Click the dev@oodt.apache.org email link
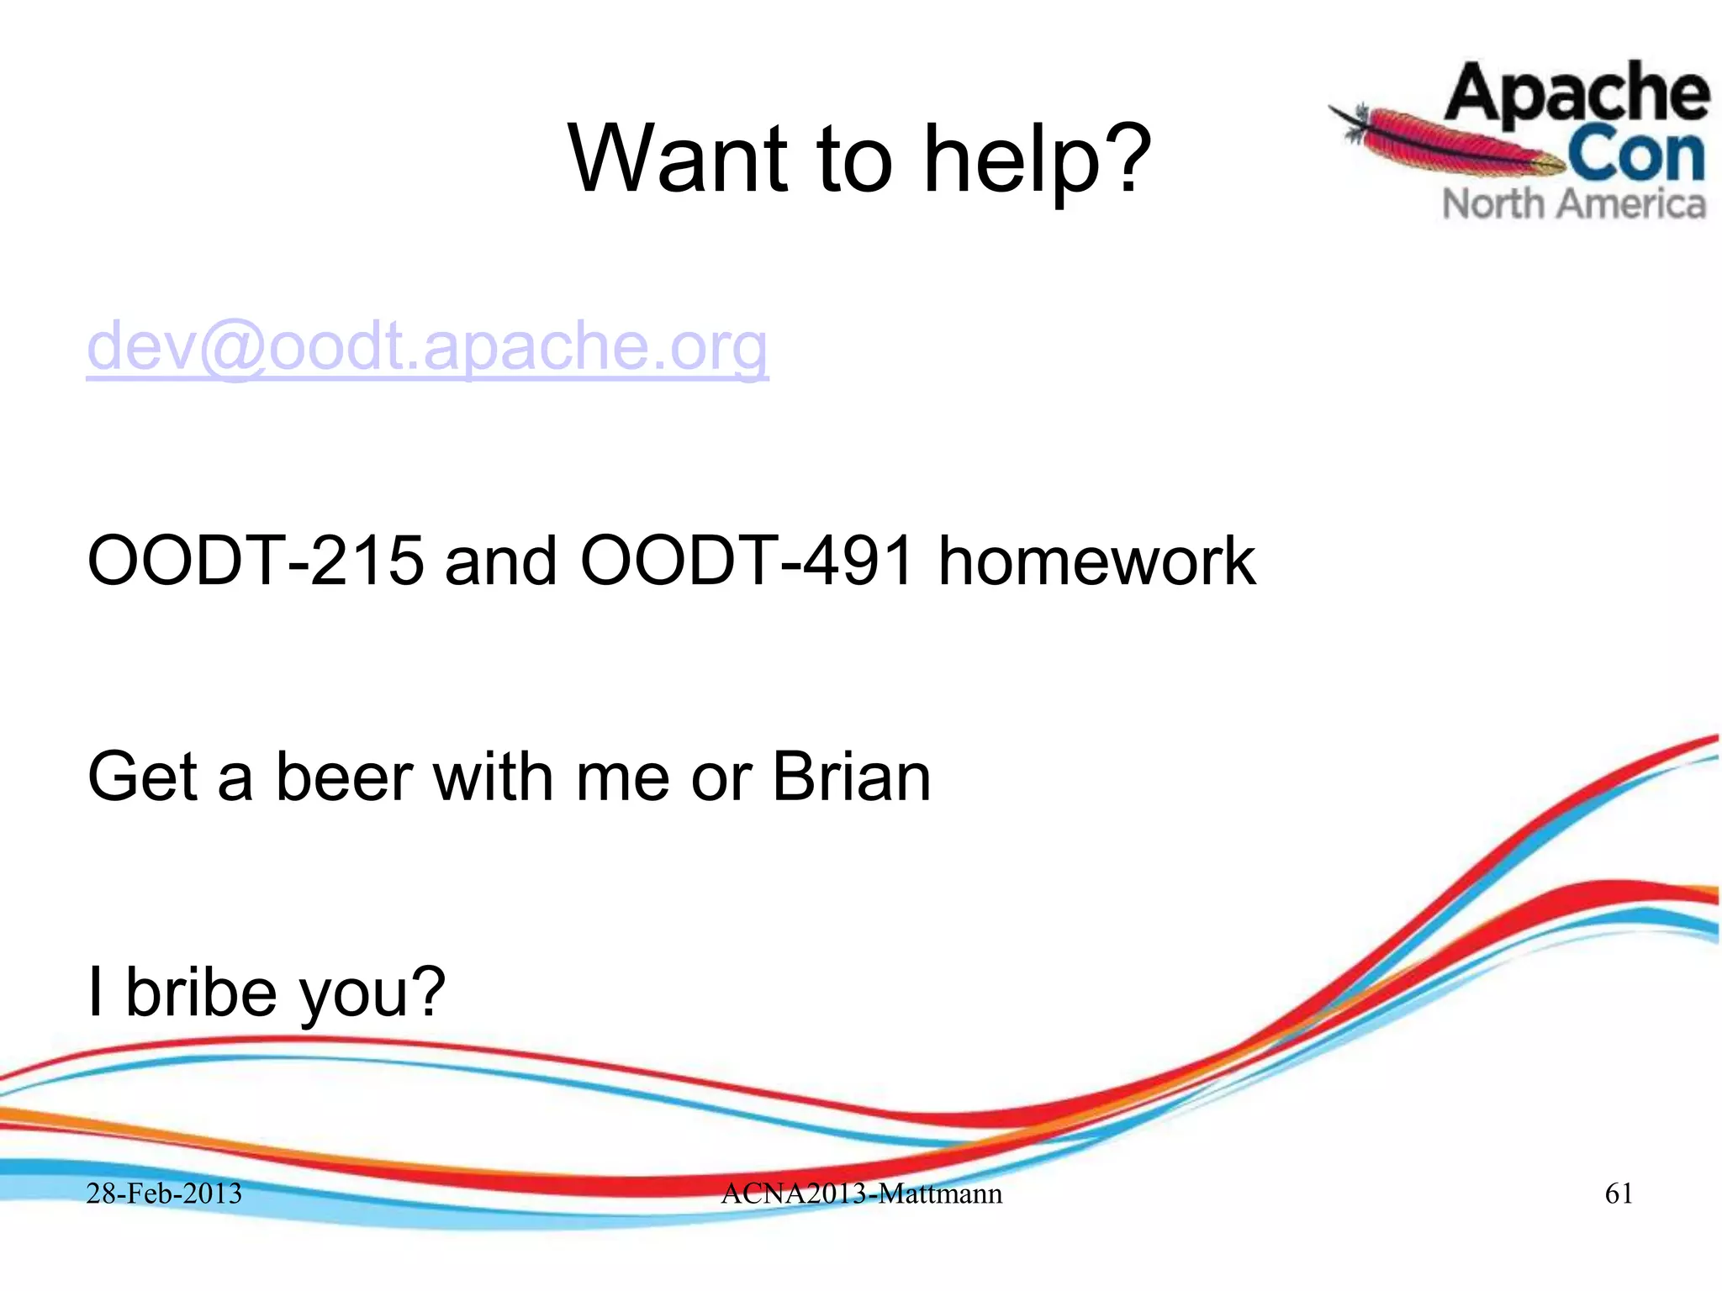click(x=427, y=346)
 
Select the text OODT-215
click(x=256, y=561)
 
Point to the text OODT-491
click(x=747, y=561)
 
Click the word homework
click(x=1096, y=561)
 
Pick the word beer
click(x=343, y=777)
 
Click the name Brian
click(x=851, y=777)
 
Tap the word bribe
click(x=200, y=992)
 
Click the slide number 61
click(x=1619, y=1194)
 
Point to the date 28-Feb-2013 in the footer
click(x=164, y=1194)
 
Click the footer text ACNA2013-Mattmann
click(x=861, y=1194)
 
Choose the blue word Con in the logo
click(x=1636, y=155)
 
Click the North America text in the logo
click(x=1574, y=204)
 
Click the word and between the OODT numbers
click(x=500, y=561)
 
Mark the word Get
click(x=142, y=777)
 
